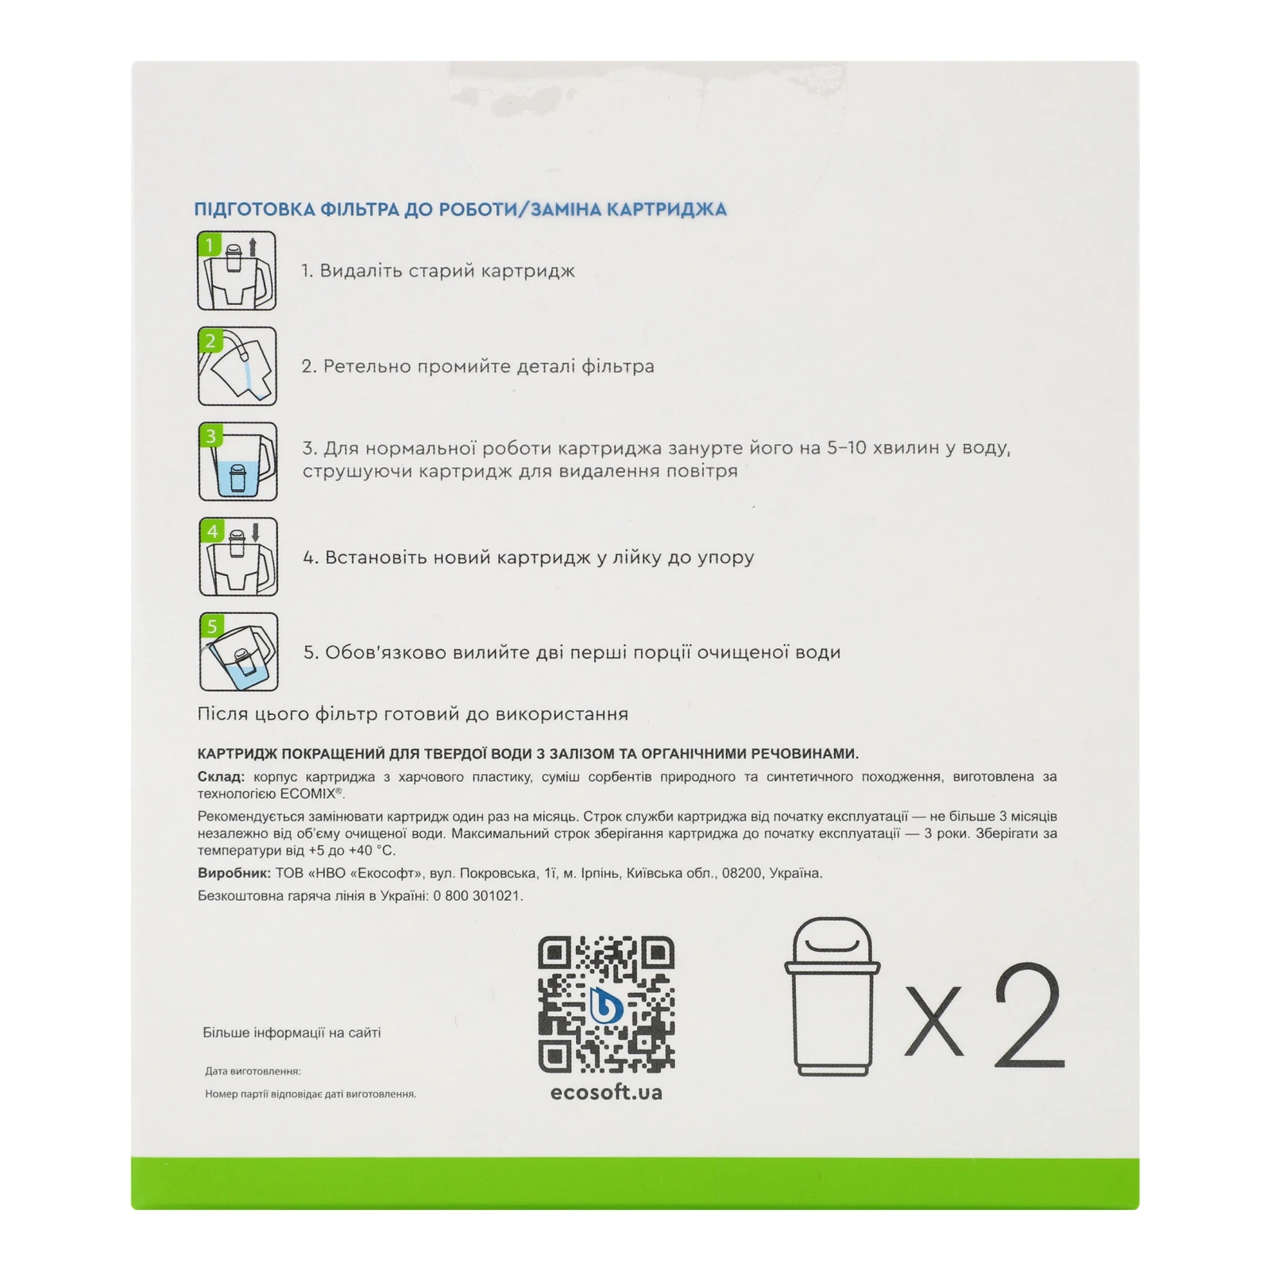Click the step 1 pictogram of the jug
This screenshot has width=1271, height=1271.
(x=237, y=271)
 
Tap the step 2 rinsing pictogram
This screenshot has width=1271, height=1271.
(x=237, y=366)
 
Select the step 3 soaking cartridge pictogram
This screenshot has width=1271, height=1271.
(x=238, y=462)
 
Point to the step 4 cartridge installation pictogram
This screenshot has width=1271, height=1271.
(x=238, y=557)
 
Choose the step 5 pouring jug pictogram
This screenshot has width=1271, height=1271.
(x=239, y=651)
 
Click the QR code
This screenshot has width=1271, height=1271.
(x=606, y=1004)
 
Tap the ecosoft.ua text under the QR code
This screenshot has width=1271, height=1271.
(x=606, y=1093)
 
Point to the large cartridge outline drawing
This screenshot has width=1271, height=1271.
(x=833, y=997)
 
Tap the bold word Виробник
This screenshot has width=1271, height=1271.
(x=234, y=873)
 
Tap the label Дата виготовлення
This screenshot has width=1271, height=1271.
(x=253, y=1072)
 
